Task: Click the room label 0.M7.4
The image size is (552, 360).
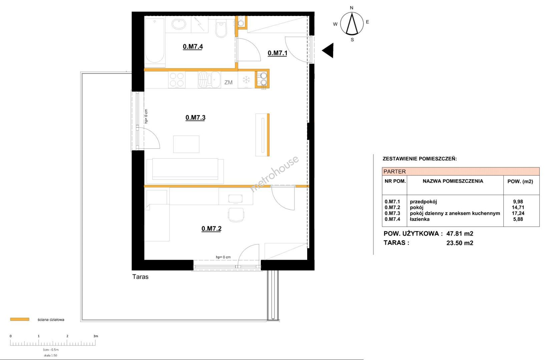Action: click(x=193, y=47)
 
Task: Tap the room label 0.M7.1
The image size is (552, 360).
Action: click(x=277, y=53)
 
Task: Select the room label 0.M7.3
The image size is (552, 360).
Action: click(x=195, y=117)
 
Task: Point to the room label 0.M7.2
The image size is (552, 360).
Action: click(x=211, y=229)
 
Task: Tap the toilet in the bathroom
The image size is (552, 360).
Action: click(x=221, y=29)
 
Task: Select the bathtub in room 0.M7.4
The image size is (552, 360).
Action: click(x=154, y=41)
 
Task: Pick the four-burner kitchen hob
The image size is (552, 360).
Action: click(x=177, y=80)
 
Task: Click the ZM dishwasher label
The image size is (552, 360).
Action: click(x=228, y=82)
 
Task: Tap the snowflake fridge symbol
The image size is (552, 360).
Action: click(x=246, y=80)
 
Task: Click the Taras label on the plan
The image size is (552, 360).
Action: click(x=140, y=277)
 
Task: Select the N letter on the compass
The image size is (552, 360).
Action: click(x=352, y=8)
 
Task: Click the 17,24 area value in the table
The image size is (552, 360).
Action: click(x=518, y=213)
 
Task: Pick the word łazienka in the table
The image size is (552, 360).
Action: click(x=420, y=219)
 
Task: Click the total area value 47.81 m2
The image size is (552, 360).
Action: click(x=460, y=233)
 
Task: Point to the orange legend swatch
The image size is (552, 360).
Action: click(x=20, y=319)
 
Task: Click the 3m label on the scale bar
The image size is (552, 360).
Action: click(x=96, y=336)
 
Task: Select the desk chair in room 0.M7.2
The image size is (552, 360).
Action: click(x=236, y=215)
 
